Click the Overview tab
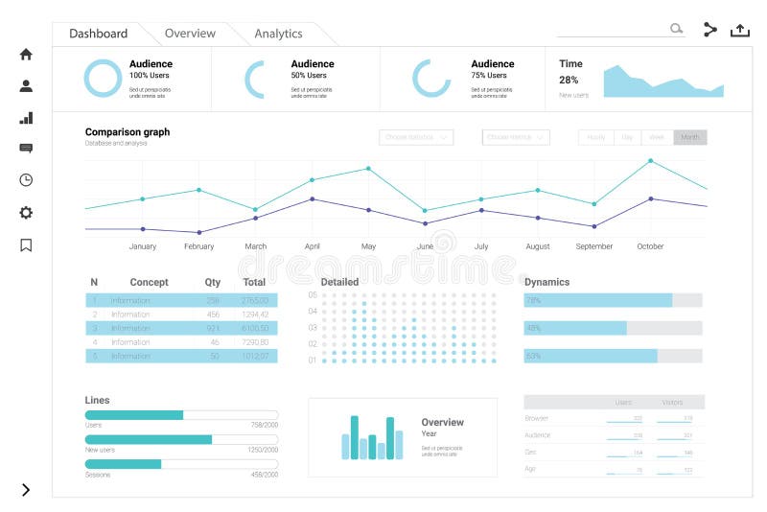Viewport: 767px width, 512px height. tap(190, 34)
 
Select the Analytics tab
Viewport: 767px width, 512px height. tap(278, 34)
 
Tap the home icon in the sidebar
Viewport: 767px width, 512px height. tap(26, 55)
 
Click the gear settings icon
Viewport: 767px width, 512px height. tap(26, 213)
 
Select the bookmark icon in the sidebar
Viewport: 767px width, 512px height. tap(26, 244)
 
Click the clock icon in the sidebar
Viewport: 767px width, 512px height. tap(26, 180)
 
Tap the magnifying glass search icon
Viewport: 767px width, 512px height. tap(677, 30)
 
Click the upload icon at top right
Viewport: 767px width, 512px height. tap(740, 30)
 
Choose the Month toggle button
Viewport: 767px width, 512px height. tap(690, 137)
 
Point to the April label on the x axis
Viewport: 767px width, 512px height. tap(312, 246)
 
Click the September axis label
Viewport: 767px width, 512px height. tap(593, 246)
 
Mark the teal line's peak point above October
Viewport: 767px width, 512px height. tap(650, 160)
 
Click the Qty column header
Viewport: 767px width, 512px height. tap(213, 282)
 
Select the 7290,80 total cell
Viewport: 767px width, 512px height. tap(255, 342)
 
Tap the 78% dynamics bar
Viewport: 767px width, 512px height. tap(598, 300)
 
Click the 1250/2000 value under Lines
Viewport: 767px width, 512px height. tap(262, 450)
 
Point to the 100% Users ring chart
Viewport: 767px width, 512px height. tap(103, 79)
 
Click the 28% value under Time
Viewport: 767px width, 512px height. tap(569, 81)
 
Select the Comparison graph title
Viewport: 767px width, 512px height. tap(128, 132)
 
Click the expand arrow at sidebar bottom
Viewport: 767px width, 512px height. tap(26, 490)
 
